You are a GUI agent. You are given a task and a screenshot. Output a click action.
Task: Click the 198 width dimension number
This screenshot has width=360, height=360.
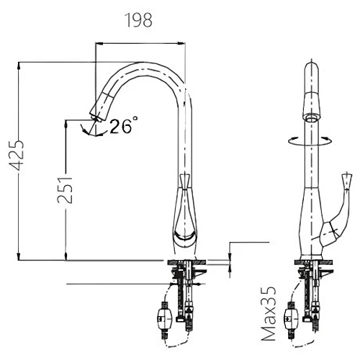pos(139,20)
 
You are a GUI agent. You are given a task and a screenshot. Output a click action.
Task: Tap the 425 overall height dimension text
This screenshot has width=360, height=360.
pos(17,155)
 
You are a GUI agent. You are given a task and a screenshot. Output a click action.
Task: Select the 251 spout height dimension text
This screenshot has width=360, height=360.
pos(65,190)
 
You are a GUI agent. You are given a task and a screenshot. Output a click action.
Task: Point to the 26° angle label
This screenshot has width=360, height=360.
pos(124,125)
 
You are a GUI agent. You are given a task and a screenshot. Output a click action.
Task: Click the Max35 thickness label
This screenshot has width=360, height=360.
pos(268,313)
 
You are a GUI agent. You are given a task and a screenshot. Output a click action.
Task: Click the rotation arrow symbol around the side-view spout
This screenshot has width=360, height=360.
pos(311,141)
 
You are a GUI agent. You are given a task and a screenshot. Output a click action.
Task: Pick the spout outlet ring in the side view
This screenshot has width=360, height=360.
pos(311,118)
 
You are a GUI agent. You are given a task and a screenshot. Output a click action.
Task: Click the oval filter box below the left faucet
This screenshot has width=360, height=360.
pos(164,319)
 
